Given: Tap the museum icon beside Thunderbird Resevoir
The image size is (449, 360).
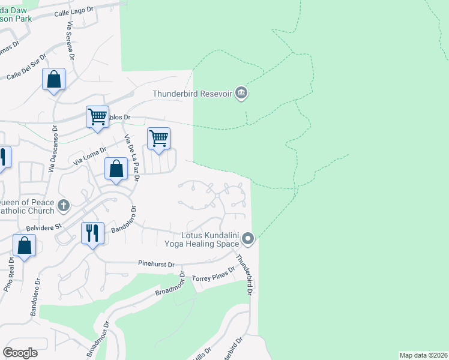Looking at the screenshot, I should click(x=241, y=93).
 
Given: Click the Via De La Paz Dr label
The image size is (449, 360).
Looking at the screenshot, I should click(x=132, y=158).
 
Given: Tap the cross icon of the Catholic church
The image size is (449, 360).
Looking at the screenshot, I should click(x=64, y=206).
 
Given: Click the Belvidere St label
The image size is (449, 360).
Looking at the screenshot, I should click(x=43, y=227).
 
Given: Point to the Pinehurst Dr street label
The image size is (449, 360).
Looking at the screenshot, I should click(x=155, y=264).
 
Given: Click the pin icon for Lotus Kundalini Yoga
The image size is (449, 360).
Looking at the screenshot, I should click(x=249, y=240).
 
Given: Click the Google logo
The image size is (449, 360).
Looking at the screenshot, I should click(x=20, y=353).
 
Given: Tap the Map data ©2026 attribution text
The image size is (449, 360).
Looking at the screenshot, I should click(x=423, y=355).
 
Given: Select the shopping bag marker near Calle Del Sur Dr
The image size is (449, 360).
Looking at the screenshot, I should click(x=53, y=79).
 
